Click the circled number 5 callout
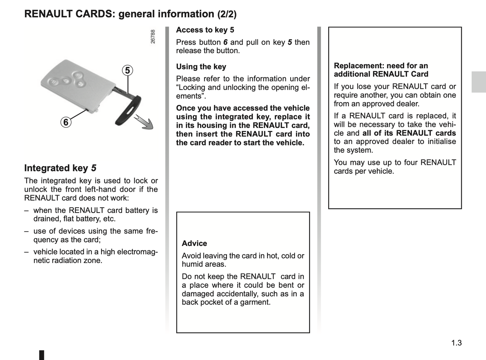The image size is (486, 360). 127,71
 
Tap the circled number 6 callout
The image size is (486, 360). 66,122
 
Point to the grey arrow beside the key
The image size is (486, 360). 144,122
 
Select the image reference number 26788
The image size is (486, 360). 153,36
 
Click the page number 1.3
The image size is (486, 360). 456,343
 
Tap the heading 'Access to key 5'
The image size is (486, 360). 205,30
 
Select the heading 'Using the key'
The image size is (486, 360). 201,67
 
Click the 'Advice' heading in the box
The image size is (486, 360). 194,243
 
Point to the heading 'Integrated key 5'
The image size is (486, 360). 60,168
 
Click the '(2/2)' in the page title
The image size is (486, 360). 227,14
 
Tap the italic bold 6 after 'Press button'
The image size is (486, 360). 225,42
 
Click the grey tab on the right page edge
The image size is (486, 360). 479,82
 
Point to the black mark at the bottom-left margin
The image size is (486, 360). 42,355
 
